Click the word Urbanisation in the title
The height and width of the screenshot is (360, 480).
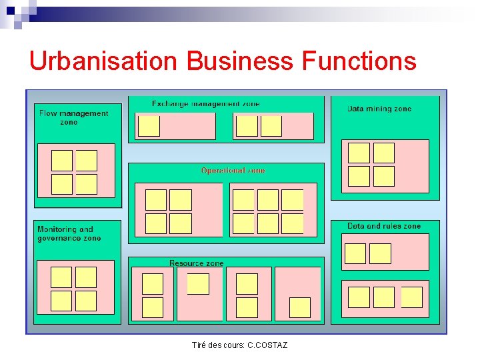coord(103,61)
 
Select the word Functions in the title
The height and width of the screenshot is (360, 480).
coord(359,61)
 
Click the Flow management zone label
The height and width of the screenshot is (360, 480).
coord(73,117)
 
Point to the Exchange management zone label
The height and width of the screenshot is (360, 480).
coord(205,104)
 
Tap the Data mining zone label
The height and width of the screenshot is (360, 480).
coord(379,109)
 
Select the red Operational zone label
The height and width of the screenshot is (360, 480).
coord(233,171)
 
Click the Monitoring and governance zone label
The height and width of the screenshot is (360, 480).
coord(69,233)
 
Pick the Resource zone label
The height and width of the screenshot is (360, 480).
coord(196,263)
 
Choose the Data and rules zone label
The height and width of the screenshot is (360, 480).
coord(384,226)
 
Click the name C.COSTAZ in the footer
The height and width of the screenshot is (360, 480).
coord(267,345)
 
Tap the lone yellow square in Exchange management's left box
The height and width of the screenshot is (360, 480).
coord(149,126)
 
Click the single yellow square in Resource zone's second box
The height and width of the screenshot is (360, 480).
coord(198,284)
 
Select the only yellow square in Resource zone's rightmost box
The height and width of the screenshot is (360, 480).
coord(299,307)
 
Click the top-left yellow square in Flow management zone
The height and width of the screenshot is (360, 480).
coord(62,161)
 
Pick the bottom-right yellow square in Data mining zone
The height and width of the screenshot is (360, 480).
coord(383,176)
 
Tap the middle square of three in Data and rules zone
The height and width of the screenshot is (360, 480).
coord(383,297)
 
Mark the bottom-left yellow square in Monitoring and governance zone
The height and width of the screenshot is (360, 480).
coord(61,301)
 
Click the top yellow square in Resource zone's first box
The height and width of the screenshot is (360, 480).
coord(153,284)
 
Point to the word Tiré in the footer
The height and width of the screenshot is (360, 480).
coord(199,345)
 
